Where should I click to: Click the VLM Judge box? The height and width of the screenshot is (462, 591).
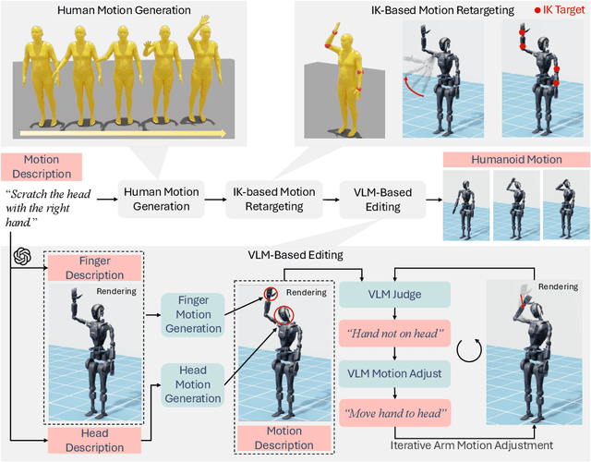coord(394,295)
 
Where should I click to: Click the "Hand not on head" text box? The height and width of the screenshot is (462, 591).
coord(394,334)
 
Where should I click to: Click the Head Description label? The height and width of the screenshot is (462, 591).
coord(94,440)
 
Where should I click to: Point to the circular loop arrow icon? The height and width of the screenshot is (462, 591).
coord(466,352)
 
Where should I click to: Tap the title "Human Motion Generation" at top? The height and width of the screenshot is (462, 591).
coord(126,10)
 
